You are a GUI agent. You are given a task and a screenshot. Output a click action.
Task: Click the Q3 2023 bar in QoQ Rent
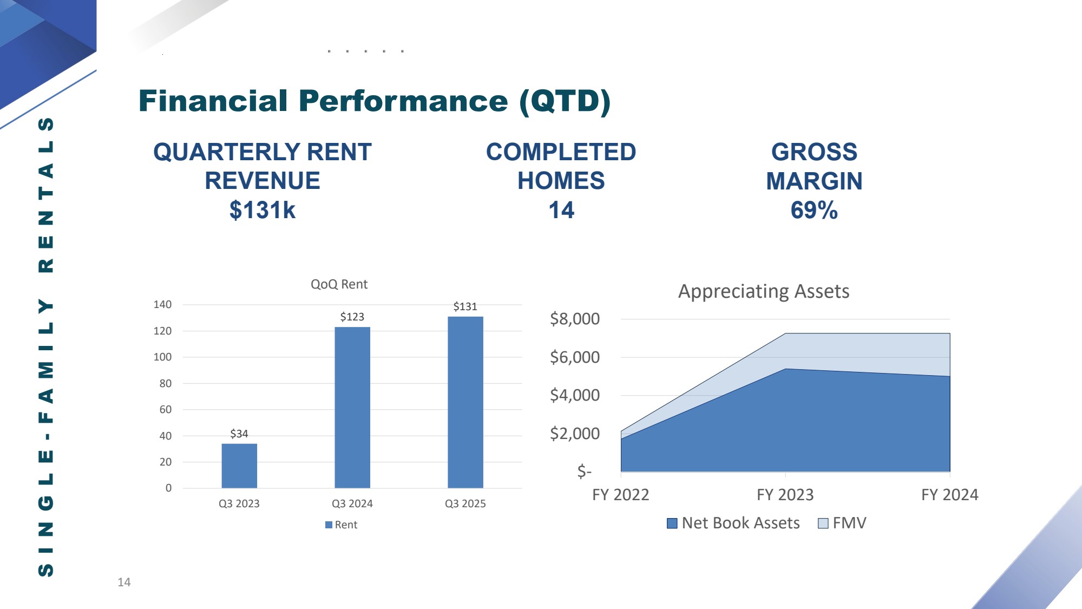click(x=239, y=466)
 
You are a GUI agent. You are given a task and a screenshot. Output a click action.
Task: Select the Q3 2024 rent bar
click(x=352, y=407)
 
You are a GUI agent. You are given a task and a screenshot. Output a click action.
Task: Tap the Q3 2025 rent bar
click(x=465, y=402)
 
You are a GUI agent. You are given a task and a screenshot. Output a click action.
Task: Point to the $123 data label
click(x=352, y=317)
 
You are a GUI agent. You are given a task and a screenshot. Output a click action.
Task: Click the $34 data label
click(x=239, y=434)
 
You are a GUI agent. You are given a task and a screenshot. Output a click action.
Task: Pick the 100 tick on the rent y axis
click(x=162, y=357)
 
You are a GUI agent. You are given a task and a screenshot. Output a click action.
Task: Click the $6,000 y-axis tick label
click(x=575, y=357)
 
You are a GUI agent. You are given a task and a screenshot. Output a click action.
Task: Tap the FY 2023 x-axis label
click(x=785, y=495)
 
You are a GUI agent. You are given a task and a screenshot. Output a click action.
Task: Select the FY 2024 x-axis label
click(x=950, y=495)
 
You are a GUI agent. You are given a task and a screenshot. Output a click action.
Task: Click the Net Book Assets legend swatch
click(x=672, y=523)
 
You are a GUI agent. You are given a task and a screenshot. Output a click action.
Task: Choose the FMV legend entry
click(x=842, y=523)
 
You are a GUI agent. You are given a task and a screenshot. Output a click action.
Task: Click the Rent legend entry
click(x=341, y=525)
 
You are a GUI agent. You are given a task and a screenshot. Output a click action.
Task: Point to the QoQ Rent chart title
click(x=339, y=284)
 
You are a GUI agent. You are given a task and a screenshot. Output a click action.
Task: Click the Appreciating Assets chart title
click(x=764, y=291)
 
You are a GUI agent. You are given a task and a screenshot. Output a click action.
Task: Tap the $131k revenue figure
click(x=263, y=210)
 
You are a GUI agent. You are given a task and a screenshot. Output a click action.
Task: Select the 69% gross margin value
click(x=814, y=210)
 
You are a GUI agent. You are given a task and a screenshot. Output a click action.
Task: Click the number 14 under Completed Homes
click(x=561, y=210)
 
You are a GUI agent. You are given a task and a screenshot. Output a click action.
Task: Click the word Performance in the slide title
click(x=403, y=101)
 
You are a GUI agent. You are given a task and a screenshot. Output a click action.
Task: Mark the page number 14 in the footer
click(x=124, y=582)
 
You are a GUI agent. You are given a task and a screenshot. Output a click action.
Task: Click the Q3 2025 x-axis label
click(x=465, y=503)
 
